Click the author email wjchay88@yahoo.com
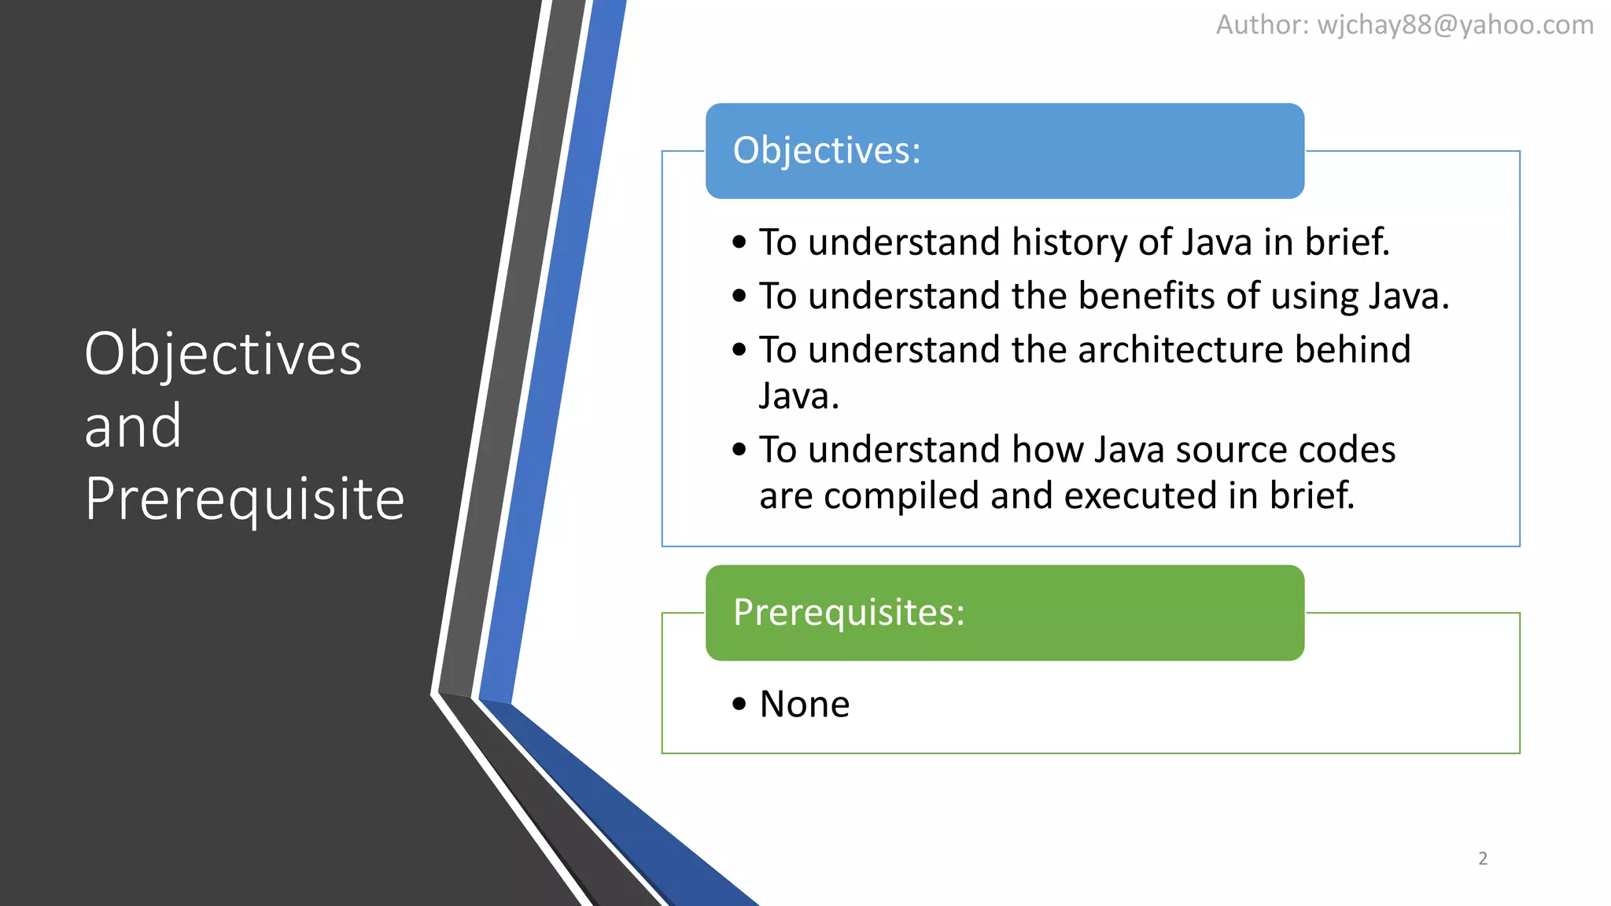coord(1455,25)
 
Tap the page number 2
coord(1483,859)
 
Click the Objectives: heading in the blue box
coord(827,150)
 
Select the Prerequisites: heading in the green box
coord(849,612)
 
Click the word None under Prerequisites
coord(804,704)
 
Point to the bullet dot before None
coord(739,704)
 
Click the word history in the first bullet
coord(1069,242)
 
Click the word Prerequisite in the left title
coord(244,499)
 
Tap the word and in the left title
coord(133,426)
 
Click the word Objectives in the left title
coord(223,354)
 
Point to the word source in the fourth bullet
coord(1230,450)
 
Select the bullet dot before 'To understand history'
coord(739,242)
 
